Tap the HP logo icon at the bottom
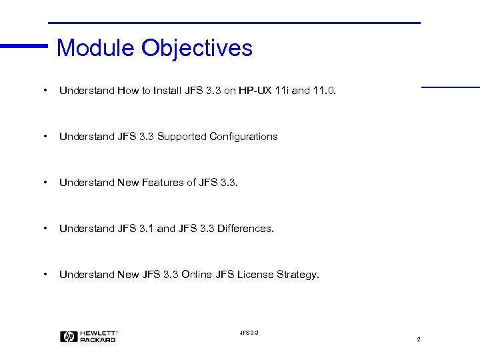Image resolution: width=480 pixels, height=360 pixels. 68,337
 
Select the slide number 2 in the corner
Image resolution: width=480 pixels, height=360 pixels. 419,340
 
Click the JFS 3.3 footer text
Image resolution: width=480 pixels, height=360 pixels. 249,332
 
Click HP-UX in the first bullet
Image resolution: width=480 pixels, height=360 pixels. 256,91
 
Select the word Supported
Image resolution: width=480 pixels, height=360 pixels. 181,137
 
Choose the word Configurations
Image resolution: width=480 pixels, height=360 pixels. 243,137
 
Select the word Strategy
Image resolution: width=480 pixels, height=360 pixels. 298,275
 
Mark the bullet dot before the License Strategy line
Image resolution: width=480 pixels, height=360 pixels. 43,274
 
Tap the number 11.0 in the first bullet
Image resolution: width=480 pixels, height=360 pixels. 325,91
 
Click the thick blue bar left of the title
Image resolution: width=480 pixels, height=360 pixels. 24,46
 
